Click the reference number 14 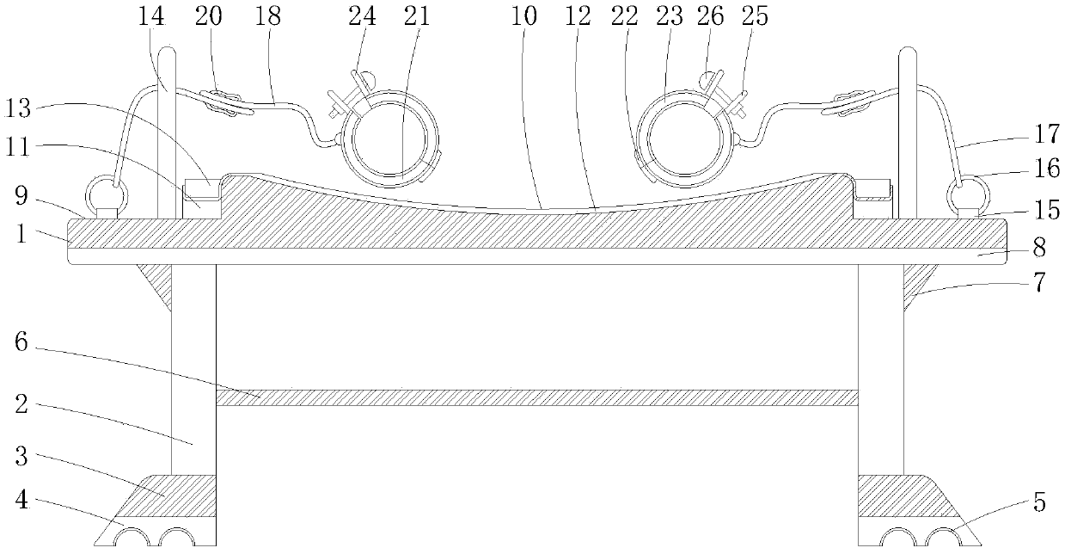coord(151,16)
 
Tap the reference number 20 coord(208,16)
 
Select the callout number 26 coord(710,16)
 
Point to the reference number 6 coord(21,342)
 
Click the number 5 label coord(1039,502)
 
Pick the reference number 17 coord(1047,133)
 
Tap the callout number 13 coord(18,108)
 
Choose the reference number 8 coord(1039,248)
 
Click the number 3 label coord(21,456)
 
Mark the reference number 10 coord(524,16)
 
